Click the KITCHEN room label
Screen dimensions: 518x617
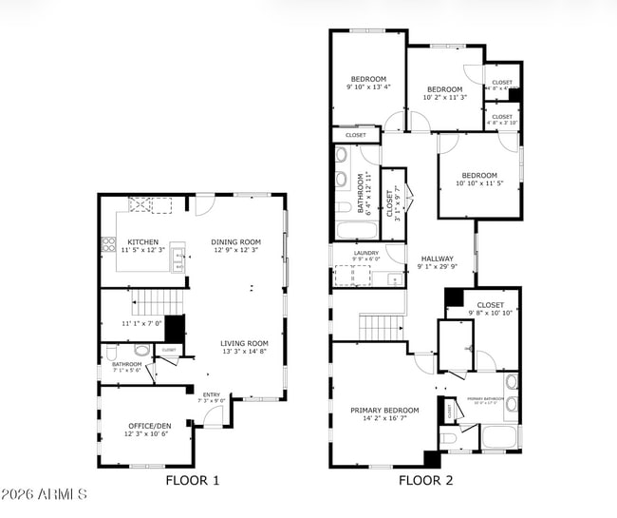[142, 242]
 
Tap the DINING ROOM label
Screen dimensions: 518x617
[233, 242]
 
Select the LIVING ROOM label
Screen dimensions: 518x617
[244, 344]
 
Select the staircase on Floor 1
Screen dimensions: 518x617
[150, 303]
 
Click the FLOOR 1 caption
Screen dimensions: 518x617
[193, 480]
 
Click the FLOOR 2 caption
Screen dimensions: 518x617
[424, 480]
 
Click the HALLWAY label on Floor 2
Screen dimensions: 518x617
[436, 259]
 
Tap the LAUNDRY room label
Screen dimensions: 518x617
[365, 252]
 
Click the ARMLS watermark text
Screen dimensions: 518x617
[45, 494]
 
